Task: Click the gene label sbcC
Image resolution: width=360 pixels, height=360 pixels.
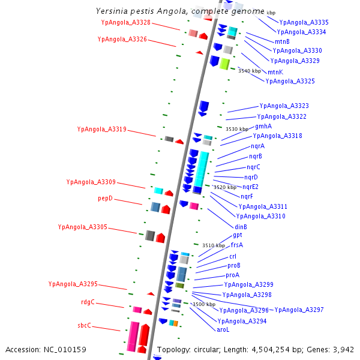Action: pos(84,326)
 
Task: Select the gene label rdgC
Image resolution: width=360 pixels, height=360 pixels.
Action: pos(88,302)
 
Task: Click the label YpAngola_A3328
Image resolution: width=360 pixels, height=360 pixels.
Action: pos(126,22)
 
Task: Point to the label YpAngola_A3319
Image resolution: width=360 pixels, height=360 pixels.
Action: pos(101,129)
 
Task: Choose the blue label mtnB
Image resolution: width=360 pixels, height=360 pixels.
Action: pos(282,41)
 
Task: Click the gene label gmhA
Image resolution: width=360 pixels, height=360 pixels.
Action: pos(263,127)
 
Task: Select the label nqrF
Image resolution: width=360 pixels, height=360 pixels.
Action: pos(247,197)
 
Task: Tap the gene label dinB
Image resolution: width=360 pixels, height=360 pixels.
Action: pos(241,227)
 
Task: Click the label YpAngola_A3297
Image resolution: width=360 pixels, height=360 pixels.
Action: pos(299,310)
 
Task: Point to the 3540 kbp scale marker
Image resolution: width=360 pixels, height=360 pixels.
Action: pos(250,71)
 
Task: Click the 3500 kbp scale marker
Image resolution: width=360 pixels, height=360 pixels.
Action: pos(203,305)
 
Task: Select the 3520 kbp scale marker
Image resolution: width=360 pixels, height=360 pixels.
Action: pos(225,187)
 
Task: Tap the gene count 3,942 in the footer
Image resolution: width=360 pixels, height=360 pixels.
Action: pos(343,349)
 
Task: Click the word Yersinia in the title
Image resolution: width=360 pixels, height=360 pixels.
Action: pos(112,11)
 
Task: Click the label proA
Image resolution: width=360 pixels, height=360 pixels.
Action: pos(232,275)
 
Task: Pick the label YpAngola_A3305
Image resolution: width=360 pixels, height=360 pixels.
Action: pos(82,227)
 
